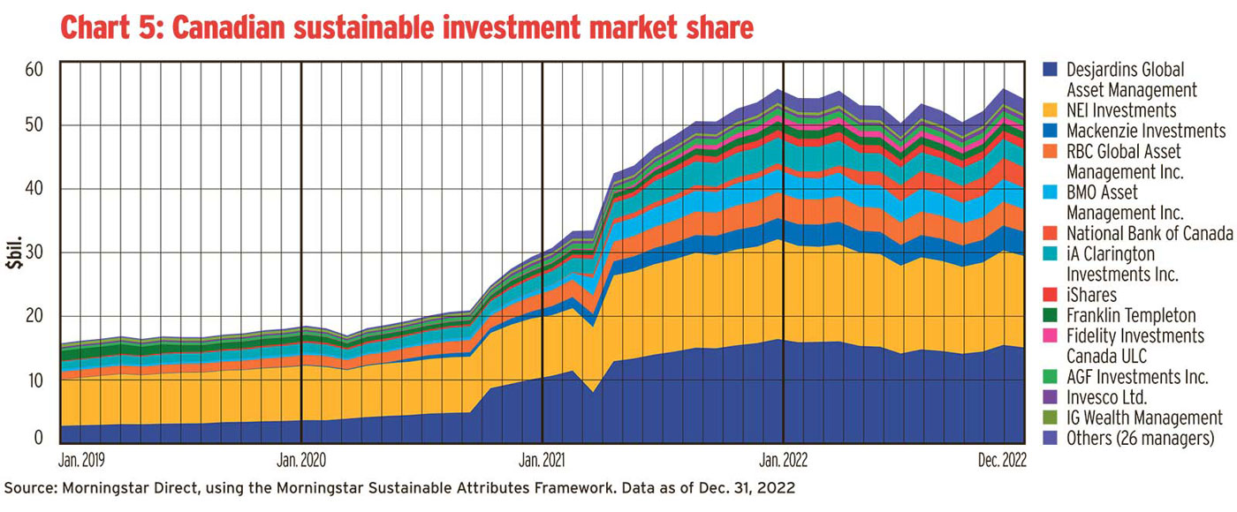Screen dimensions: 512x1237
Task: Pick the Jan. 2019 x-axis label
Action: coord(81,459)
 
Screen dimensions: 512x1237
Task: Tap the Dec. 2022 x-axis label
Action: coord(1001,459)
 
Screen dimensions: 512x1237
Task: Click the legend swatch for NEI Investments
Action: coord(1051,110)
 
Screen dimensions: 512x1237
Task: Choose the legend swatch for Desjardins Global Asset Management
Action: coord(1051,70)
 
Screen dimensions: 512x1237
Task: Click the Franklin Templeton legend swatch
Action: coord(1051,315)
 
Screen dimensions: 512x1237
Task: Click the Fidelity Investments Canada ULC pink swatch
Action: coord(1051,335)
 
